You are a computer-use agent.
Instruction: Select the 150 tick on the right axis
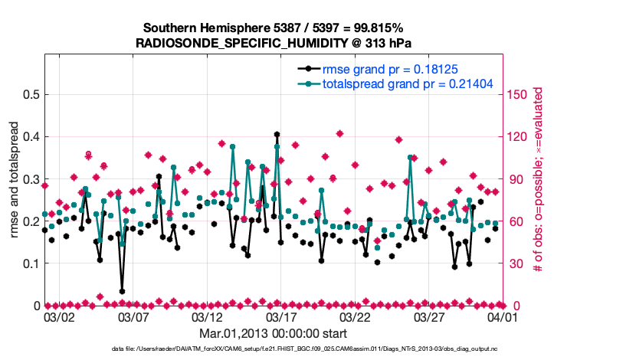tap(517, 95)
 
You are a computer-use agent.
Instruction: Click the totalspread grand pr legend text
tap(407, 83)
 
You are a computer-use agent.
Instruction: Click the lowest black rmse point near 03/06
tap(122, 291)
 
